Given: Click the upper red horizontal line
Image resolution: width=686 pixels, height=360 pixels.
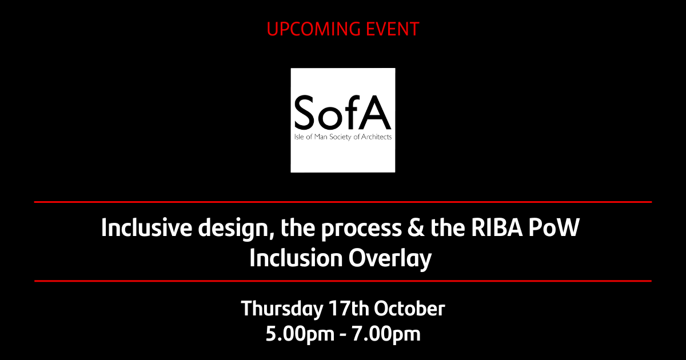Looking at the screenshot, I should click(x=343, y=202).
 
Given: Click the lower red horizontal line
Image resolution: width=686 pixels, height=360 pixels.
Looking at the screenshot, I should click(x=343, y=281).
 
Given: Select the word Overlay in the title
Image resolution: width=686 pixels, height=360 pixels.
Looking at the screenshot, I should click(x=390, y=259).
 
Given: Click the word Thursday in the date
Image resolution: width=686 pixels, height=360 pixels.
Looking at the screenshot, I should click(x=281, y=309).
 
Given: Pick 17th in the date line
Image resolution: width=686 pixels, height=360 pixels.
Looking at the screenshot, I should click(x=348, y=309).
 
